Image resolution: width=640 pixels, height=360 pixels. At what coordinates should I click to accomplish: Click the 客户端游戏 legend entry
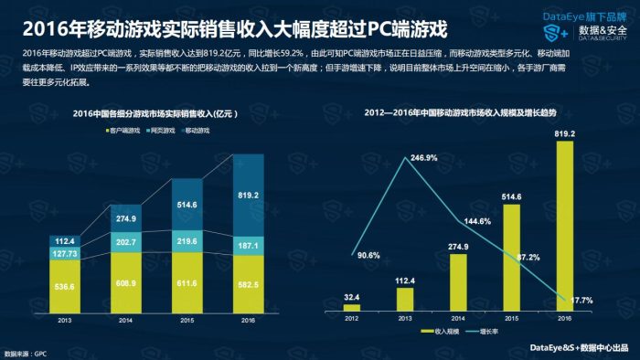(x=124, y=131)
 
